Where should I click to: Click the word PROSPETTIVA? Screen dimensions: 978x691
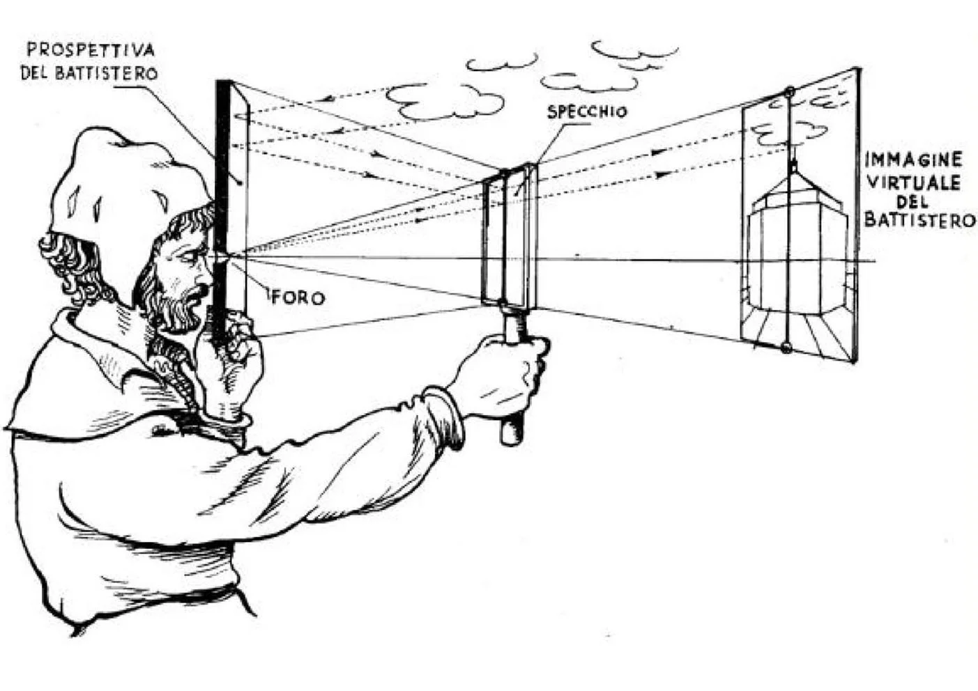point(90,49)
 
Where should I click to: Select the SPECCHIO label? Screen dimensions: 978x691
point(587,111)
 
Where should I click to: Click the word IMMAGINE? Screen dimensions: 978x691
point(913,160)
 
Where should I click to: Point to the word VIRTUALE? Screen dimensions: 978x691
point(913,183)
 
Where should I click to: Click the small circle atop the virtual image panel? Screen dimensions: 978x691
point(789,91)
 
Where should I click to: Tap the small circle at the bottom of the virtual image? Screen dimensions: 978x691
point(787,347)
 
